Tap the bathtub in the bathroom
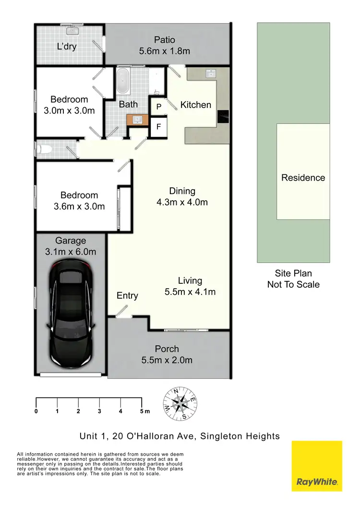123,81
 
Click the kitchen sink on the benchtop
210,73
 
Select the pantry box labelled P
158,107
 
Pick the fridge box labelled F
158,128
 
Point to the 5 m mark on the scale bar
142,411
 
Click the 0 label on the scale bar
36,411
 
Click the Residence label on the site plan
303,178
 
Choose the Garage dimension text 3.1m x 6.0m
71,252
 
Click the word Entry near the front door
127,296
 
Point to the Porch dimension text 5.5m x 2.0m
167,360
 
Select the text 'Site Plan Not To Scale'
293,279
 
